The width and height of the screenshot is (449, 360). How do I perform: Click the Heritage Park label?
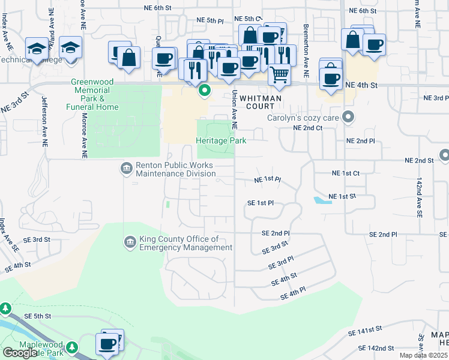pyautogui.click(x=214, y=140)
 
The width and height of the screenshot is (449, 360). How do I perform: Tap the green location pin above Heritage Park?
pyautogui.click(x=204, y=91)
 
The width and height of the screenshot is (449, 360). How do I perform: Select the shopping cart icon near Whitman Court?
pyautogui.click(x=279, y=74)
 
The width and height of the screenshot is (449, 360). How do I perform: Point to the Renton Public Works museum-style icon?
pyautogui.click(x=126, y=167)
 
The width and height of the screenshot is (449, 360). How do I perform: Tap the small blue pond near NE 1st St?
pyautogui.click(x=322, y=200)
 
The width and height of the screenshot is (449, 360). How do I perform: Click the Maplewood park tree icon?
pyautogui.click(x=72, y=347)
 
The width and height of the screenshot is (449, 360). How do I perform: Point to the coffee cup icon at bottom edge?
pyautogui.click(x=108, y=344)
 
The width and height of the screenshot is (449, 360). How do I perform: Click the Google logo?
pyautogui.click(x=20, y=353)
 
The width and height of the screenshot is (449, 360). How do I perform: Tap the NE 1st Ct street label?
pyautogui.click(x=345, y=173)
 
